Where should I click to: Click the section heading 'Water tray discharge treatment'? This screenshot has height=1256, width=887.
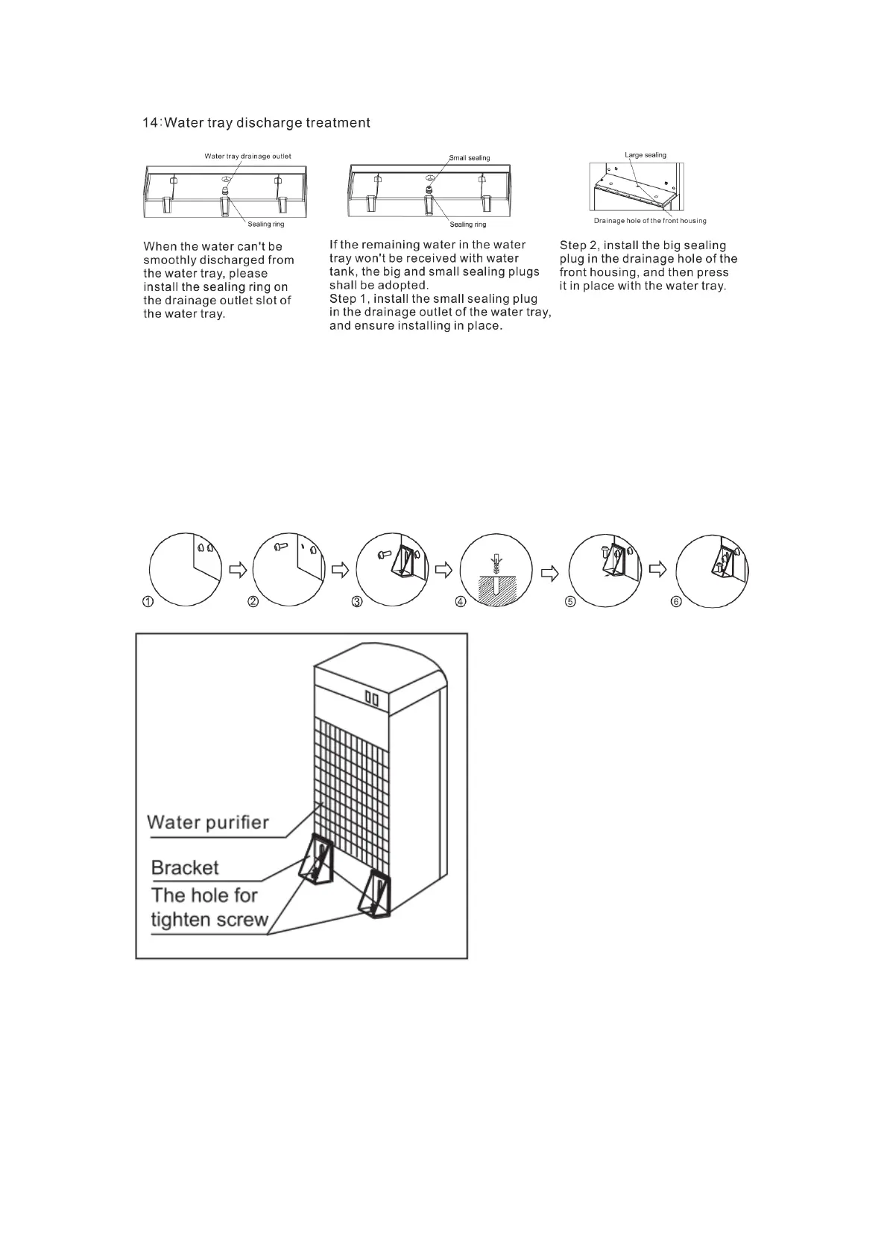pos(266,123)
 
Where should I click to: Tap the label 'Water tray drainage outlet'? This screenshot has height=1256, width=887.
pos(247,157)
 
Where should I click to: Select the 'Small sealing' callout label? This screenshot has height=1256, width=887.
pos(470,158)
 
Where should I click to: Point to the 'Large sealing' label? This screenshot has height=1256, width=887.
pos(645,155)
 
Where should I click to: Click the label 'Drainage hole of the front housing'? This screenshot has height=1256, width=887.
pos(650,221)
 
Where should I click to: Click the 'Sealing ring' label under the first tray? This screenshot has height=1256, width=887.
pos(266,224)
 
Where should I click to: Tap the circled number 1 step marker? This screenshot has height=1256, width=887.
pos(148,603)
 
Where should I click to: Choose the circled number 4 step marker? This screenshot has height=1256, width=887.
pos(461,603)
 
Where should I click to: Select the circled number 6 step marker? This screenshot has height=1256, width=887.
pos(676,603)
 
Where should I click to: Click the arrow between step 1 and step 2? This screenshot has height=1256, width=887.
pos(238,570)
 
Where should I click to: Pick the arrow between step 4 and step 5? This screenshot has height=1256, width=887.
pos(549,572)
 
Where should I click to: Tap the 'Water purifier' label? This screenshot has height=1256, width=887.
pos(208,823)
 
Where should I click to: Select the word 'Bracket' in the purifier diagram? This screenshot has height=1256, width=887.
pos(185,868)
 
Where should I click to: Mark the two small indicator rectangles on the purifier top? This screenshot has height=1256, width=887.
pos(372,699)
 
